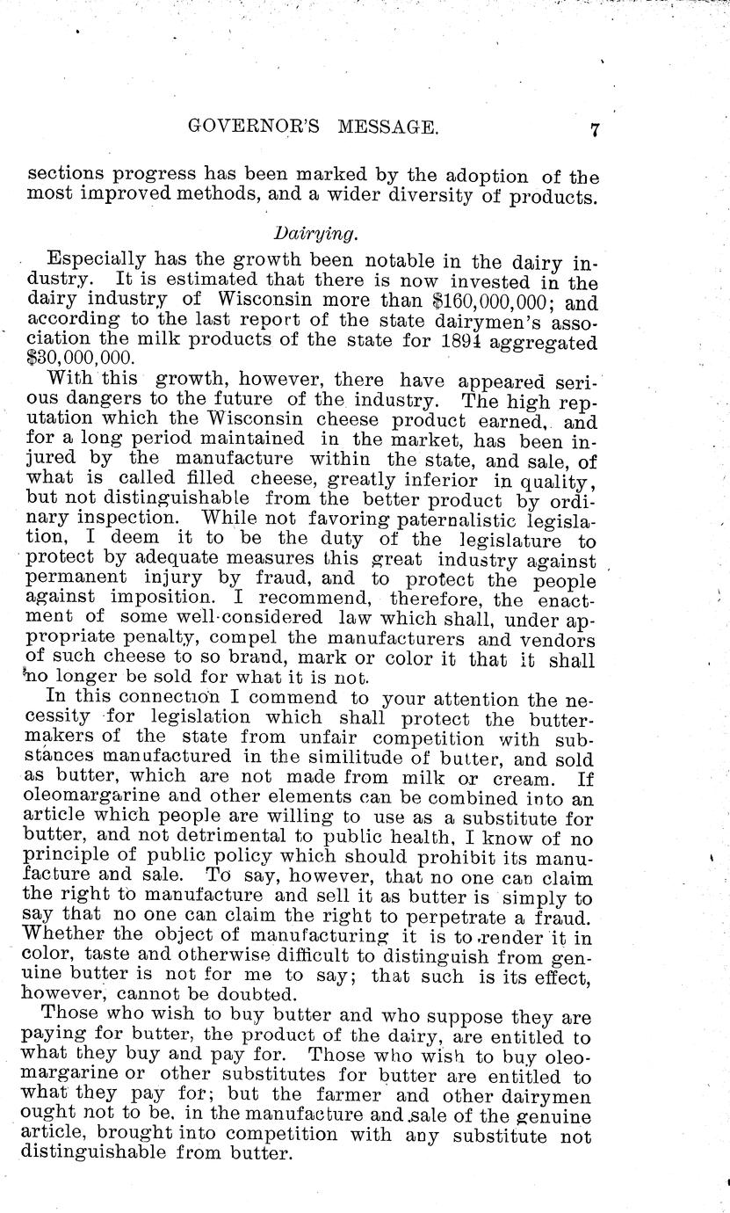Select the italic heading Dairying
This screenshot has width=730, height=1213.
(x=302, y=234)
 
